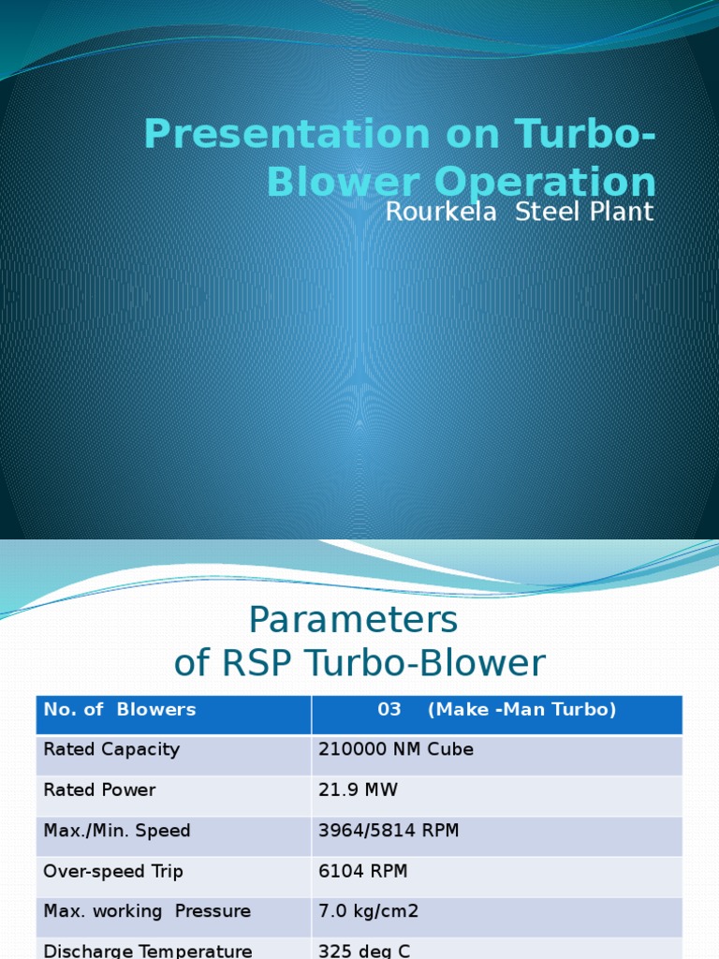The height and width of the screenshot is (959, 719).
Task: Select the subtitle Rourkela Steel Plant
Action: click(519, 212)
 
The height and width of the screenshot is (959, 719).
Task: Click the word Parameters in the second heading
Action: click(353, 619)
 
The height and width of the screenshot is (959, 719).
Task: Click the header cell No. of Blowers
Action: click(120, 710)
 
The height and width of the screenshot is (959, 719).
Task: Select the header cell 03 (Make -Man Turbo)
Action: click(496, 710)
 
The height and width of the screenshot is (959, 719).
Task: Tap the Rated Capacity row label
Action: click(111, 749)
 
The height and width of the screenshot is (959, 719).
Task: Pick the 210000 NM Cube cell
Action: click(396, 749)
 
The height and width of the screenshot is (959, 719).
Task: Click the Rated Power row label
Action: click(99, 789)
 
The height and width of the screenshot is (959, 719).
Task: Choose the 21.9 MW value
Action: click(358, 789)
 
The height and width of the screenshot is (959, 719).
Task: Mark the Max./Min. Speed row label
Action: click(117, 831)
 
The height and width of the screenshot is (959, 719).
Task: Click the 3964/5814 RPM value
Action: click(389, 831)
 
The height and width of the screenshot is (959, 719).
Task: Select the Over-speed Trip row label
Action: click(113, 871)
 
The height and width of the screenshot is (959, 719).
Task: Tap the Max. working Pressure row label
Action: click(147, 911)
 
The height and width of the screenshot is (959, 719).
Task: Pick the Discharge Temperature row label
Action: click(148, 951)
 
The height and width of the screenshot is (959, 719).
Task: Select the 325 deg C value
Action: click(364, 951)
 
